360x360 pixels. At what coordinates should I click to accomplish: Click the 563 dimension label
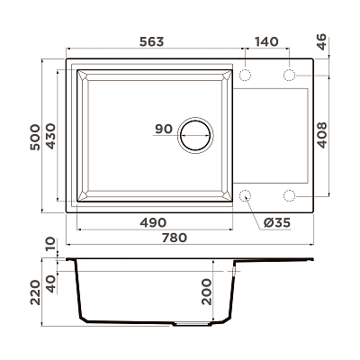[x=152, y=41]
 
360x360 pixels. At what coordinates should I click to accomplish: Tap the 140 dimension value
[x=266, y=41]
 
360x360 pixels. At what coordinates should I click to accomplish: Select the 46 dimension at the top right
[x=321, y=42]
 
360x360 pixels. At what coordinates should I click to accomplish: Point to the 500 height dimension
[x=35, y=137]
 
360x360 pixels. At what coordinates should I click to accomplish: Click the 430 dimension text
[x=50, y=136]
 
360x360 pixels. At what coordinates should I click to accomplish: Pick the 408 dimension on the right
[x=322, y=135]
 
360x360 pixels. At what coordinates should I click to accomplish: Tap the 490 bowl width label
[x=153, y=222]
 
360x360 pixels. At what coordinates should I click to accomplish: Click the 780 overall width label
[x=175, y=238]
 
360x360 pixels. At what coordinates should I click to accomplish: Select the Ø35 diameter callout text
[x=277, y=223]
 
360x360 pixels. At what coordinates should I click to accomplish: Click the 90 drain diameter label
[x=164, y=129]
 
